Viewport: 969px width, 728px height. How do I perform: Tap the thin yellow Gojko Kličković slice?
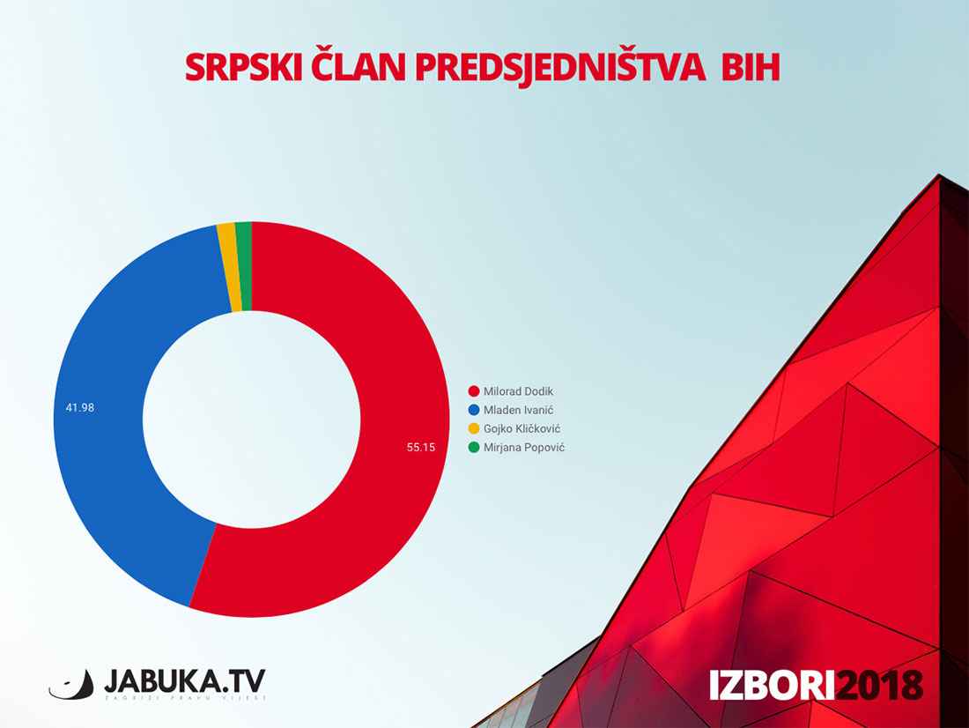pos(229,266)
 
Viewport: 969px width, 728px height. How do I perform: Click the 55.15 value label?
pos(421,447)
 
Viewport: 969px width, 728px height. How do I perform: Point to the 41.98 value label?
pos(79,407)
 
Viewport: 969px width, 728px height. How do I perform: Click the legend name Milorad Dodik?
pos(519,391)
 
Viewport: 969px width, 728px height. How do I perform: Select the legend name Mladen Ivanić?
pos(519,410)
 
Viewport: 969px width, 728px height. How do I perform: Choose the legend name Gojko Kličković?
pos(522,428)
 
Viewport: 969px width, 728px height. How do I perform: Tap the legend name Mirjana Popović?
pos(524,447)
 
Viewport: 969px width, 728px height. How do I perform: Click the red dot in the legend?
pos(474,391)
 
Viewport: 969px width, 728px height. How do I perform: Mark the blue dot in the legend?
pos(474,410)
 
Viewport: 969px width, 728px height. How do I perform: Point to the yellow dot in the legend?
pos(474,428)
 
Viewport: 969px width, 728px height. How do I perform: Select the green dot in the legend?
pos(474,447)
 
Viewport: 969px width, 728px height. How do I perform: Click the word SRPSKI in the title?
pos(243,67)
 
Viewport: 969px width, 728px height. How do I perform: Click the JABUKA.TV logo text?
pos(185,681)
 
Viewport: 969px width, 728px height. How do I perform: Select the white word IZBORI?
pos(772,685)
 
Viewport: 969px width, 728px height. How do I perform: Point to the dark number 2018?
pos(879,685)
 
